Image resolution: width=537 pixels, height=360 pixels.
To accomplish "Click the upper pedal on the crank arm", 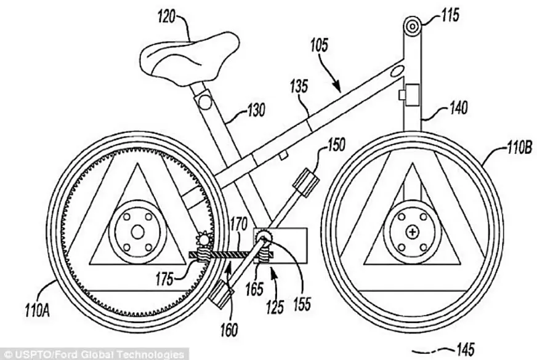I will pos(306,182).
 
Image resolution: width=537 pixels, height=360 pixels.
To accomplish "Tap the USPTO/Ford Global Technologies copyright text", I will pos(94,354).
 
